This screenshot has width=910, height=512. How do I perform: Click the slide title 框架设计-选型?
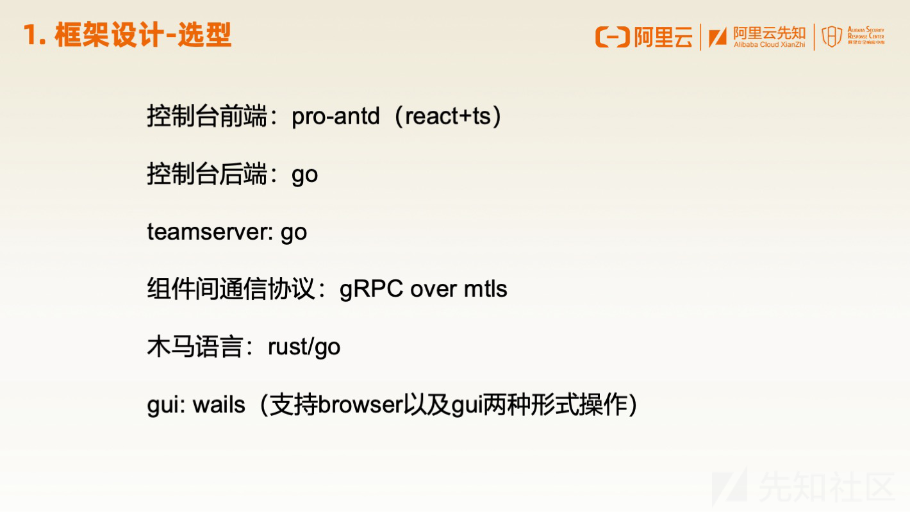point(143,35)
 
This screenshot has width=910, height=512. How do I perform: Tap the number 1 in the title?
point(31,35)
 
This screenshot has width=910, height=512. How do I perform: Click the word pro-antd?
point(336,117)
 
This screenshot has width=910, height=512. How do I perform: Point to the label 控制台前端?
point(207,116)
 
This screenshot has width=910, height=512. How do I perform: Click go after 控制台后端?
point(304,176)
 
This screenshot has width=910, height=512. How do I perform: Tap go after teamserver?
point(294,233)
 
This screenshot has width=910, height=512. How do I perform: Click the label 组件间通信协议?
point(231,289)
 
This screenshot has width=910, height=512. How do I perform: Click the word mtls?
point(486,289)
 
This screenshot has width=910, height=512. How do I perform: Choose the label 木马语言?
point(195,347)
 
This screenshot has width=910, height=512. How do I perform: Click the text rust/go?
point(304,347)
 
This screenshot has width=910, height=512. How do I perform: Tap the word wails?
point(219,405)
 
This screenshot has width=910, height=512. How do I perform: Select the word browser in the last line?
point(360,405)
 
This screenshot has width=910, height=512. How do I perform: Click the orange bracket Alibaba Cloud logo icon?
point(612,37)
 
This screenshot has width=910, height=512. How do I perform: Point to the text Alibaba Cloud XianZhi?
point(769,44)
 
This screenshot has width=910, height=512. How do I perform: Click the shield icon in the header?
point(832,36)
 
